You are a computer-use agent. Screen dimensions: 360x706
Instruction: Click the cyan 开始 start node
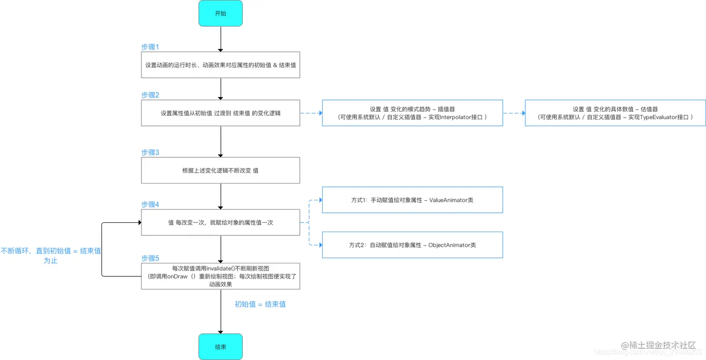coord(220,13)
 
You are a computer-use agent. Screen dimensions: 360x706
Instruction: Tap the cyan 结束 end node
coord(220,347)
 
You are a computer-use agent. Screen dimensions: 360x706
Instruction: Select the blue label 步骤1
coord(150,47)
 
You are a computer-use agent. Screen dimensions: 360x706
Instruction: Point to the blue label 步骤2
coord(150,95)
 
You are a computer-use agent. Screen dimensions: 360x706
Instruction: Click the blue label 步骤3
coord(150,152)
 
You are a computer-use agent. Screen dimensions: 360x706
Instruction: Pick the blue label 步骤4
coord(150,205)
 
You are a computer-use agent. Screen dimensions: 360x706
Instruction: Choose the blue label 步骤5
coord(150,258)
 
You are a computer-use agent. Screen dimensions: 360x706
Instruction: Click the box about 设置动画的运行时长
coord(220,65)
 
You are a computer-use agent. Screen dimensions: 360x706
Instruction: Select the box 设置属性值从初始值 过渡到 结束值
coord(220,113)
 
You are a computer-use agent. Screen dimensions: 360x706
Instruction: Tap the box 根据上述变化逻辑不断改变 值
coord(220,170)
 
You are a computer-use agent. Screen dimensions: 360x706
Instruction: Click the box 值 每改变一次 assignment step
coord(220,223)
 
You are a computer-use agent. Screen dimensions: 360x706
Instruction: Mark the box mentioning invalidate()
coord(220,276)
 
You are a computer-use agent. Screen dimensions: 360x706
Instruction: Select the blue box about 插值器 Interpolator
coord(412,113)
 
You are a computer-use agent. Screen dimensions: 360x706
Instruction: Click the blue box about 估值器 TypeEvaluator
coord(615,113)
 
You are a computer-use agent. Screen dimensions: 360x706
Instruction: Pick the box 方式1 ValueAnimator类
coord(412,200)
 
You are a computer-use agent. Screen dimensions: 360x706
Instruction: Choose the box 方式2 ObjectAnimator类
coord(412,245)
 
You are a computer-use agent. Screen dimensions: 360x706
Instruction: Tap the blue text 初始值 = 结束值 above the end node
coord(260,304)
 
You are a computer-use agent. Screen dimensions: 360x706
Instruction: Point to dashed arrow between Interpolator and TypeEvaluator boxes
coord(514,113)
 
